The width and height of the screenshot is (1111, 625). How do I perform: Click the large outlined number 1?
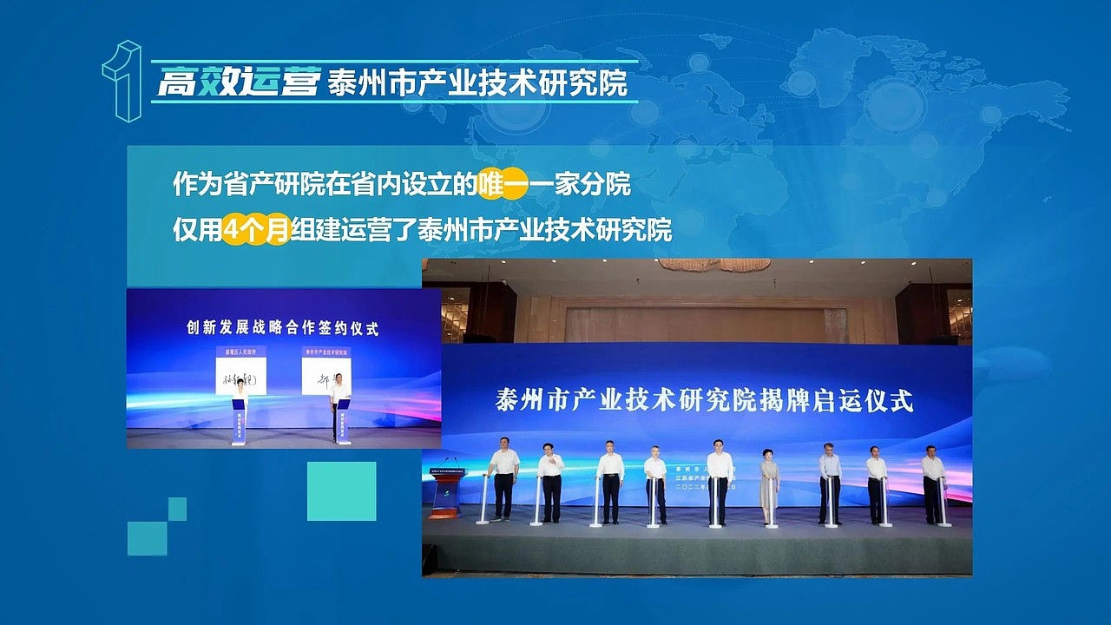point(122,81)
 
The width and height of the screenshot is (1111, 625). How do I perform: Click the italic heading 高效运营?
point(236,82)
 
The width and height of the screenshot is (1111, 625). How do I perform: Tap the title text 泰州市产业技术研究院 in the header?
point(477,83)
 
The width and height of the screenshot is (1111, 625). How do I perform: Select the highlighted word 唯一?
point(503,185)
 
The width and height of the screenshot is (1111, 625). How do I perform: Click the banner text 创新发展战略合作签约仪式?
point(283,329)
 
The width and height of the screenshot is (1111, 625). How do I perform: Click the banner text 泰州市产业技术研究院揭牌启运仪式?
point(704,401)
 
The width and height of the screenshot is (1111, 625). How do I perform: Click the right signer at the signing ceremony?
point(340,405)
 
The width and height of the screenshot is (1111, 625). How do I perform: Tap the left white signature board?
point(240,371)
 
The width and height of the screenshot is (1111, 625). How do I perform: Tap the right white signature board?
point(325,371)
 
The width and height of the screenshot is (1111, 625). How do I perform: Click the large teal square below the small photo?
point(341,491)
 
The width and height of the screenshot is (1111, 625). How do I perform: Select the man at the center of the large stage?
point(719,481)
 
